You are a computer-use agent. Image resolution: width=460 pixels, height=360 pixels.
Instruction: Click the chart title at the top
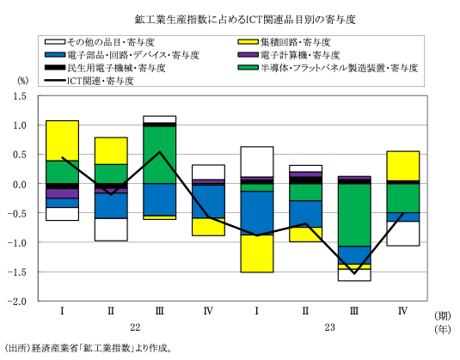pyautogui.click(x=245, y=20)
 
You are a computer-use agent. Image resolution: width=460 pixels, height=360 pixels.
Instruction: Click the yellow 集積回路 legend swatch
pyautogui.click(x=248, y=42)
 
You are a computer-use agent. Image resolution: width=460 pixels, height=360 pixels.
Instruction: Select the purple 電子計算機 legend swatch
pyautogui.click(x=248, y=55)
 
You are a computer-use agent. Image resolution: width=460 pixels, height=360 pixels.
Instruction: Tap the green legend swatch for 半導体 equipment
pyautogui.click(x=248, y=68)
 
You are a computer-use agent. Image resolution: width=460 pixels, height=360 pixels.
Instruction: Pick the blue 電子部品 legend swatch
pyautogui.click(x=55, y=55)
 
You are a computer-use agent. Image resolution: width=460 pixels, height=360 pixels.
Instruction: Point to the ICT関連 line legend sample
pyautogui.click(x=55, y=80)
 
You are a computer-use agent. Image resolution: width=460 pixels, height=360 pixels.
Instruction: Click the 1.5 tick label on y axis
pyautogui.click(x=20, y=96)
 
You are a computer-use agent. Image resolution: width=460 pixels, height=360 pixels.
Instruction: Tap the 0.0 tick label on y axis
pyautogui.click(x=20, y=184)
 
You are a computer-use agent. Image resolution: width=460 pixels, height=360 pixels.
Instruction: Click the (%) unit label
pyautogui.click(x=23, y=80)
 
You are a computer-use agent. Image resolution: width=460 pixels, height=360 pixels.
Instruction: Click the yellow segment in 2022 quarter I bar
pyautogui.click(x=62, y=141)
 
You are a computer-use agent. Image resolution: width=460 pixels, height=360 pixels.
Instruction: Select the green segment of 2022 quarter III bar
pyautogui.click(x=160, y=155)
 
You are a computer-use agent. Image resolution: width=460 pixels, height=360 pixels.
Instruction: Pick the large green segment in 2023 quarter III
pyautogui.click(x=354, y=215)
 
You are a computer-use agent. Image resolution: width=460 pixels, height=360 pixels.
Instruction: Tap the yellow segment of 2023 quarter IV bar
pyautogui.click(x=403, y=166)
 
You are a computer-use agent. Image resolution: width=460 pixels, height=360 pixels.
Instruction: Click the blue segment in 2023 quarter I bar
pyautogui.click(x=257, y=213)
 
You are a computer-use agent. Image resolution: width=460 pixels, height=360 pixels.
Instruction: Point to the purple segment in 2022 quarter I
pyautogui.click(x=62, y=193)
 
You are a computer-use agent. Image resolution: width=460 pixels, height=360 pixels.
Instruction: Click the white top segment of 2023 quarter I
pyautogui.click(x=257, y=162)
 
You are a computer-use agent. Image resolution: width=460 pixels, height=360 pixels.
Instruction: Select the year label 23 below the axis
pyautogui.click(x=330, y=327)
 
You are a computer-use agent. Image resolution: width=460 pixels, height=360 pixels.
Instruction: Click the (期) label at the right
pyautogui.click(x=443, y=316)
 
